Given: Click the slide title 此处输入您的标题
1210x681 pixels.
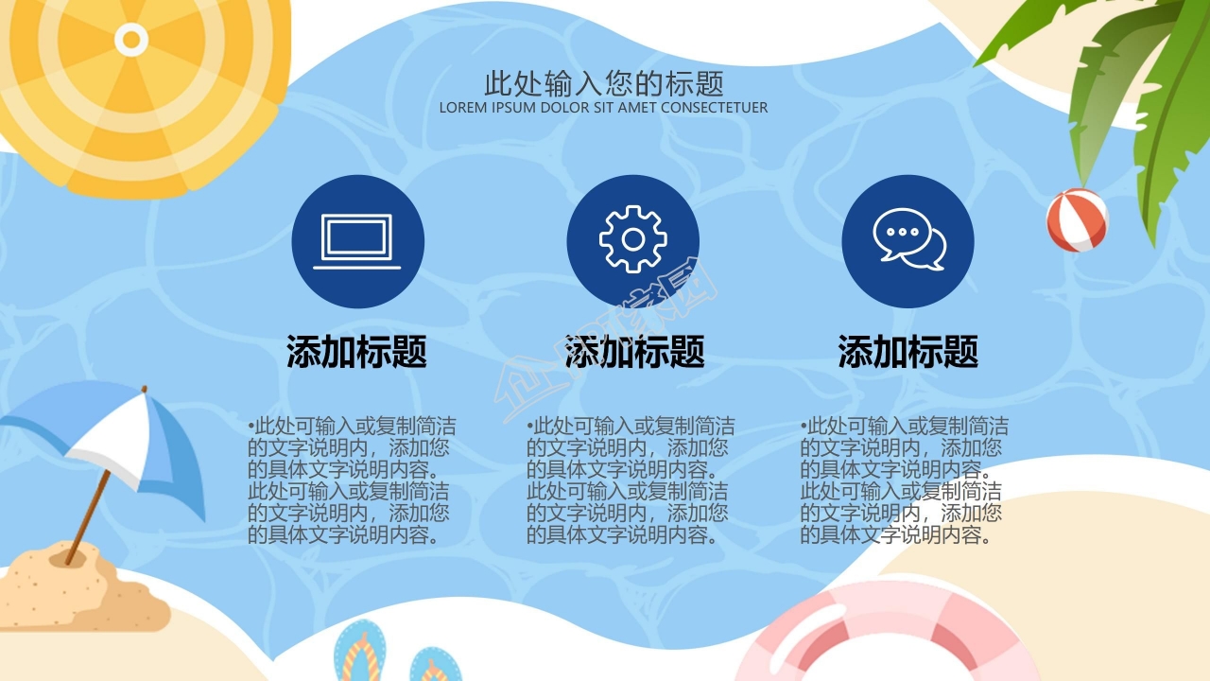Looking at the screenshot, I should [604, 83].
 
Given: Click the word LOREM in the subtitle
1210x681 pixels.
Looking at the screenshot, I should [462, 108].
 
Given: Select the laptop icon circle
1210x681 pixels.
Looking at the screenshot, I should [357, 241].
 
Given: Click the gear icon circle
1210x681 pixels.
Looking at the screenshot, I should [632, 241].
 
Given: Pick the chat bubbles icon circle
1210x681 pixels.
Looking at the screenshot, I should [907, 241].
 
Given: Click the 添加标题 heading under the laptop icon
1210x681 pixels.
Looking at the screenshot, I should [357, 352].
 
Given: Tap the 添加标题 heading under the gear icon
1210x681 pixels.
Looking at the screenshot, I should [634, 352].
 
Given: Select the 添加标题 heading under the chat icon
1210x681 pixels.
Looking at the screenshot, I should [907, 352].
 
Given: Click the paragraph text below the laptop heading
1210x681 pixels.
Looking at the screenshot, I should [348, 480].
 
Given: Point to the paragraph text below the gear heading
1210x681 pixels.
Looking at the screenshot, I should [628, 480].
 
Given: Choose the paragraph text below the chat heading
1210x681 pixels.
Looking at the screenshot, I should [902, 480].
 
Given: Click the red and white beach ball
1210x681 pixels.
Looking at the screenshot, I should [1077, 219].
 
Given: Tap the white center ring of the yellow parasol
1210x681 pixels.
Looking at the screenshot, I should [131, 40].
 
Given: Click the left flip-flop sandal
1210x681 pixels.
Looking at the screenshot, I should [359, 653].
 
